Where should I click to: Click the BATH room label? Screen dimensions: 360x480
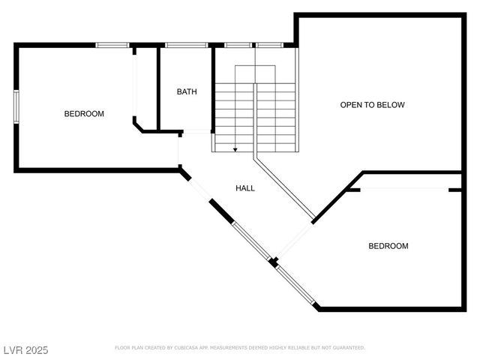pos(187,92)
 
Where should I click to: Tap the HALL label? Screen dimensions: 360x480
pos(245,188)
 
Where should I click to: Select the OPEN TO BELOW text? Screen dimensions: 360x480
pos(372,105)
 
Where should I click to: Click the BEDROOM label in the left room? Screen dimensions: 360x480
pos(84,114)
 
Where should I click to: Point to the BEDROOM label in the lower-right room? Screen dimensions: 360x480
pos(388,246)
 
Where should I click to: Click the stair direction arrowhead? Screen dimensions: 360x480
pos(235,150)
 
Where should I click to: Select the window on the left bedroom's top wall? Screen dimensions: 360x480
pos(112,46)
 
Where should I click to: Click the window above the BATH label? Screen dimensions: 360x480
pos(186,46)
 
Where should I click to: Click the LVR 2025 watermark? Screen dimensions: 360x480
pos(25,349)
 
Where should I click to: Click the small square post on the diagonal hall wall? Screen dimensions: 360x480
pos(274,262)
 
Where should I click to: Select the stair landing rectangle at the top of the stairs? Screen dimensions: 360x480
pos(256,74)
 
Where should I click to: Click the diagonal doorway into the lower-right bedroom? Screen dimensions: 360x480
pos(295,241)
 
